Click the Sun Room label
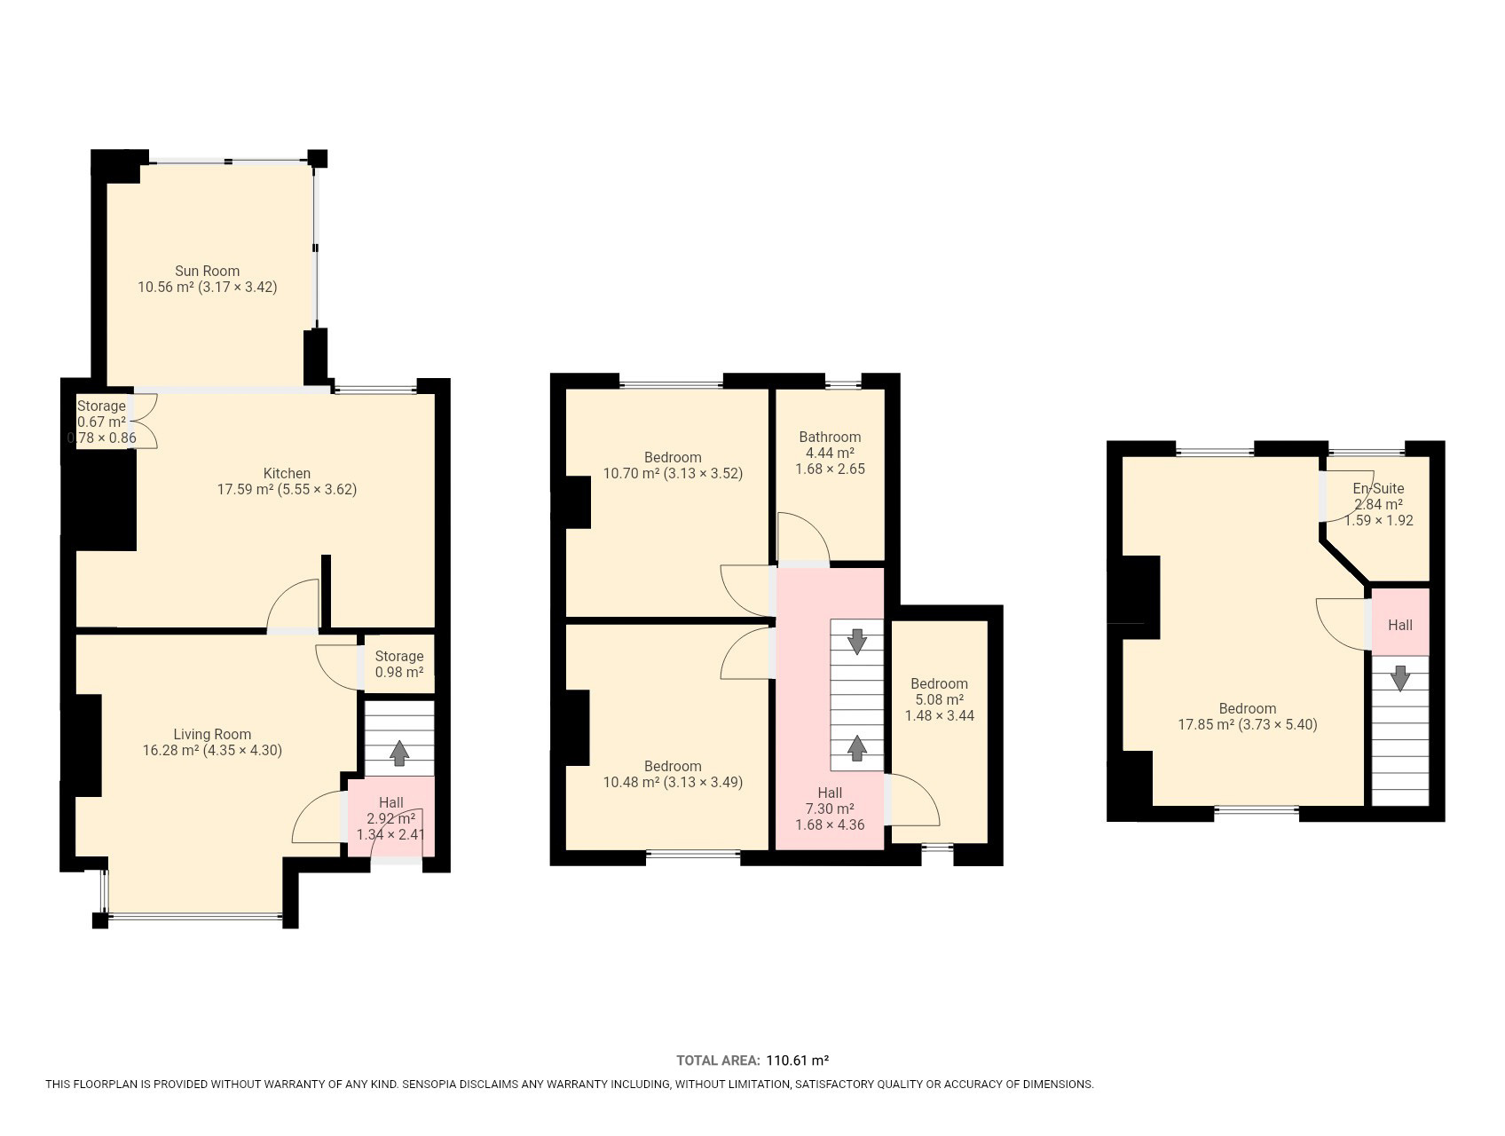point(207,272)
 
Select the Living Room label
point(212,735)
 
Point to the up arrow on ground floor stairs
point(399,753)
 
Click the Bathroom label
point(830,437)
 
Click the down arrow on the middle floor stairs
point(857,641)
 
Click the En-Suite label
point(1378,488)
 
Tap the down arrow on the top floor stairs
point(1399,678)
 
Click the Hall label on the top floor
point(1399,625)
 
